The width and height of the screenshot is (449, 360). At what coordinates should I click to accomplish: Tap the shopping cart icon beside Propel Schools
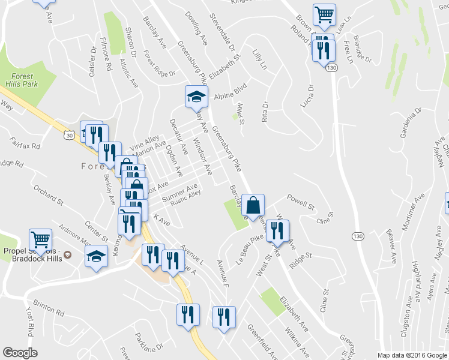click(x=40, y=240)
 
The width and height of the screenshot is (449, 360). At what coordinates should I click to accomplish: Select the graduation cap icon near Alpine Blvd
click(x=196, y=96)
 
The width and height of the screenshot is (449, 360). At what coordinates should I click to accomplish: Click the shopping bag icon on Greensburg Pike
click(x=254, y=205)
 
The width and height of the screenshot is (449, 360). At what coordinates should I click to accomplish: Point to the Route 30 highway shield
click(x=70, y=137)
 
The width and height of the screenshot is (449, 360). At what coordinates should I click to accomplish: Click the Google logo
click(x=20, y=353)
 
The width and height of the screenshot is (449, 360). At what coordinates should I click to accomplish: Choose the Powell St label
click(x=300, y=201)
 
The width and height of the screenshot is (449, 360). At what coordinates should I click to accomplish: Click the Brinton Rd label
click(x=49, y=308)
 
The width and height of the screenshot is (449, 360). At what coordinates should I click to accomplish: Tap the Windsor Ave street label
click(x=202, y=157)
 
